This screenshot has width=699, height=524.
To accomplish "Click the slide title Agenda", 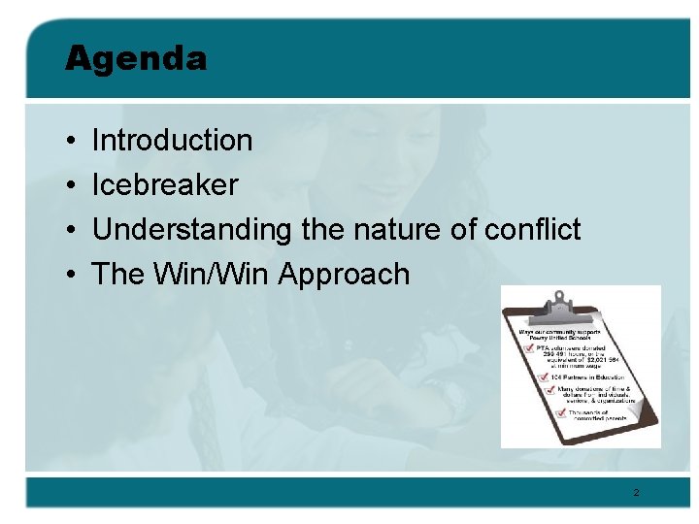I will (x=136, y=58).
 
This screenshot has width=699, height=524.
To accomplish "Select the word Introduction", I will (x=172, y=141).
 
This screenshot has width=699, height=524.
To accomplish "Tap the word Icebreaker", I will (x=164, y=184).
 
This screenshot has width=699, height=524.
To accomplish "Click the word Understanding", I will (x=191, y=230).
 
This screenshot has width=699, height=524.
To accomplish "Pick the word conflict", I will (x=532, y=230).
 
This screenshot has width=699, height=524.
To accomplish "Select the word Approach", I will (x=345, y=276).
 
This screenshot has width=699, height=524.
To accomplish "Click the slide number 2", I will (x=636, y=493).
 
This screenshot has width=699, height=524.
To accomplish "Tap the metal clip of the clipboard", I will (x=560, y=310).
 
